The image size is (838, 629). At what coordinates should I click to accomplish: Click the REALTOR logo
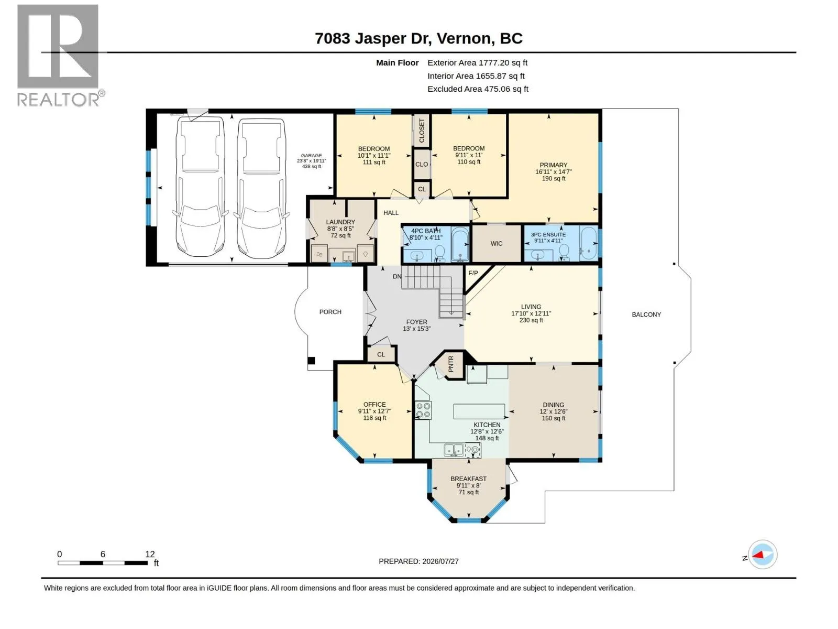coord(60,56)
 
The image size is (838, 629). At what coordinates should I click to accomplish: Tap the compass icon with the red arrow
coord(762,554)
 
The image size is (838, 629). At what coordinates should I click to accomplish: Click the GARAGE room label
coord(311,156)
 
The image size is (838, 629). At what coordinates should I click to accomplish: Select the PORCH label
coord(330,312)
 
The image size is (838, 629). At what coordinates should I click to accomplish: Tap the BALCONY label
coord(646,314)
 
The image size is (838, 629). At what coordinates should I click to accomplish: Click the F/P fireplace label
coord(472,273)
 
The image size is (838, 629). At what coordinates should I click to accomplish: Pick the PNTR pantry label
coord(450,364)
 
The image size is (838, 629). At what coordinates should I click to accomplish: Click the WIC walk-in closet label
coord(497,243)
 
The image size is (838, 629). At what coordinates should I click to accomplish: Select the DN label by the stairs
coord(397,276)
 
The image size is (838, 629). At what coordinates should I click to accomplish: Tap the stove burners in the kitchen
coord(423,410)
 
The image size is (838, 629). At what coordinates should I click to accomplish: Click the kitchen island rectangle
coord(479,411)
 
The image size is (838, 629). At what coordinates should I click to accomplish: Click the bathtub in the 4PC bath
coord(460,244)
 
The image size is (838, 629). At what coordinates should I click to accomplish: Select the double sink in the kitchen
coord(454,450)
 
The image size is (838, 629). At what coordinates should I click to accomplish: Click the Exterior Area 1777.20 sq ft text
coord(477,62)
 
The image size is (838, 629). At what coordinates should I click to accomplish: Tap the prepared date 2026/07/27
coord(440,561)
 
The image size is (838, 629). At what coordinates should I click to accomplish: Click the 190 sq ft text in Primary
coord(553,178)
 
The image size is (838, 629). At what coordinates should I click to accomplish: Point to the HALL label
coord(391,213)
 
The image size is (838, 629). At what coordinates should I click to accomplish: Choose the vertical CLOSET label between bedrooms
coord(422,130)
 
